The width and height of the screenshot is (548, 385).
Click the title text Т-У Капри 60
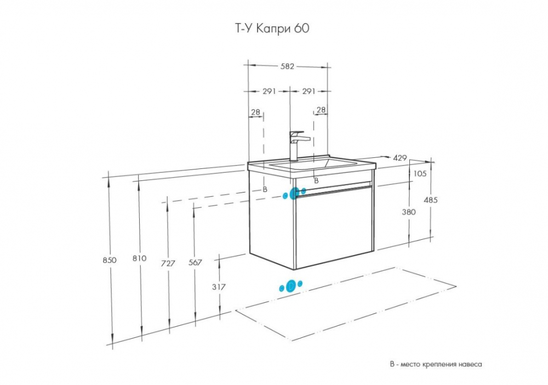pos(271,29)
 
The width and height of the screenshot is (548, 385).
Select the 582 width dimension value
pos(287,66)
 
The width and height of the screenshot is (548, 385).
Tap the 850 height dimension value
pos(110,260)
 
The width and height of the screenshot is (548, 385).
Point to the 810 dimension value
pos(139,258)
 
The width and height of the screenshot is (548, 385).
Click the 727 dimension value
pos(168,263)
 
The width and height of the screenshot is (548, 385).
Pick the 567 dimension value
pos(195,262)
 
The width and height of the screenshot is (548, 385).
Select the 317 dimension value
pos(219,287)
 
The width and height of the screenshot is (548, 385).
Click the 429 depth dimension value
pos(400,158)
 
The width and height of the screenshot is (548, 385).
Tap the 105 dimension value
pos(420,173)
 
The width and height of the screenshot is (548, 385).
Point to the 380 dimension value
pos(409,212)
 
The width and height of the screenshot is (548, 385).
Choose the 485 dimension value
pos(431,200)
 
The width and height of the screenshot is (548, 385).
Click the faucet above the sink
pos(298,146)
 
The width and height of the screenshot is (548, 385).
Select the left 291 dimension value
pos(269,91)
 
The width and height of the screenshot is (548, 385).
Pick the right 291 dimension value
pos(309,91)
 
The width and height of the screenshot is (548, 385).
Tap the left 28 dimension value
pos(255,112)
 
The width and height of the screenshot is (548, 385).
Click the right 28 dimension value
pos(321,110)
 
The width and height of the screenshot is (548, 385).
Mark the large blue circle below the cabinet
pos(291,286)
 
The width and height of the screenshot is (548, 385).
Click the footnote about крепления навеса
pos(436,364)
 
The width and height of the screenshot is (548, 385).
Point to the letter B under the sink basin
pos(316,181)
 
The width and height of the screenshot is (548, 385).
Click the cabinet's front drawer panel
pos(334,227)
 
